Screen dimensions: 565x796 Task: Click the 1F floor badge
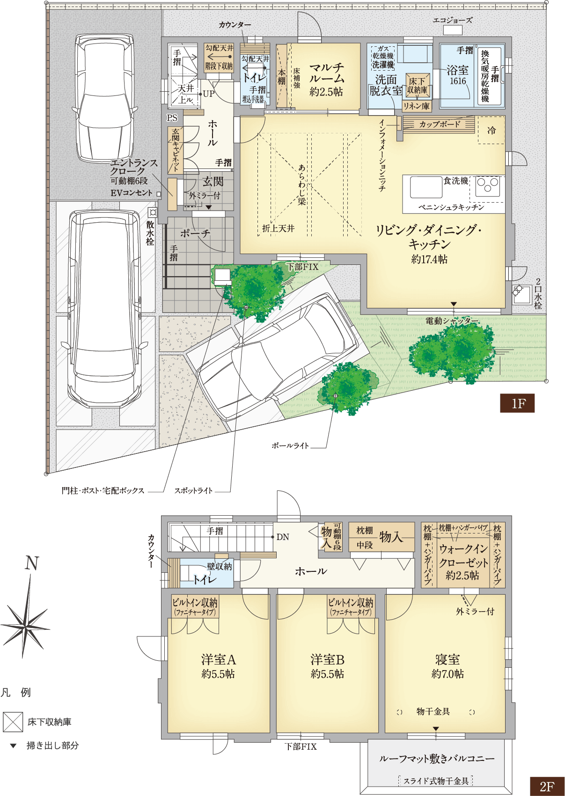[x=517, y=403]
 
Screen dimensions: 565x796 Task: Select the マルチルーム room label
[x=326, y=73]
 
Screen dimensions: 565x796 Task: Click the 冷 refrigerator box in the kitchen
[x=491, y=130]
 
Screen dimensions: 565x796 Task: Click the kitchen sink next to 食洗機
[x=426, y=187]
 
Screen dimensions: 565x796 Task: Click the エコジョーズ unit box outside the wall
[x=453, y=30]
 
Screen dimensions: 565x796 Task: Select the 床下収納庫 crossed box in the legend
[x=13, y=722]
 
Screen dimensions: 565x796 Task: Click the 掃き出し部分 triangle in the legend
[x=13, y=745]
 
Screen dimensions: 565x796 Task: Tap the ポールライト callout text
[x=290, y=445]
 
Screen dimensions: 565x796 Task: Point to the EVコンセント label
[x=132, y=193]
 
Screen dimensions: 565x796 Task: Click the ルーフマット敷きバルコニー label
[x=436, y=759]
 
